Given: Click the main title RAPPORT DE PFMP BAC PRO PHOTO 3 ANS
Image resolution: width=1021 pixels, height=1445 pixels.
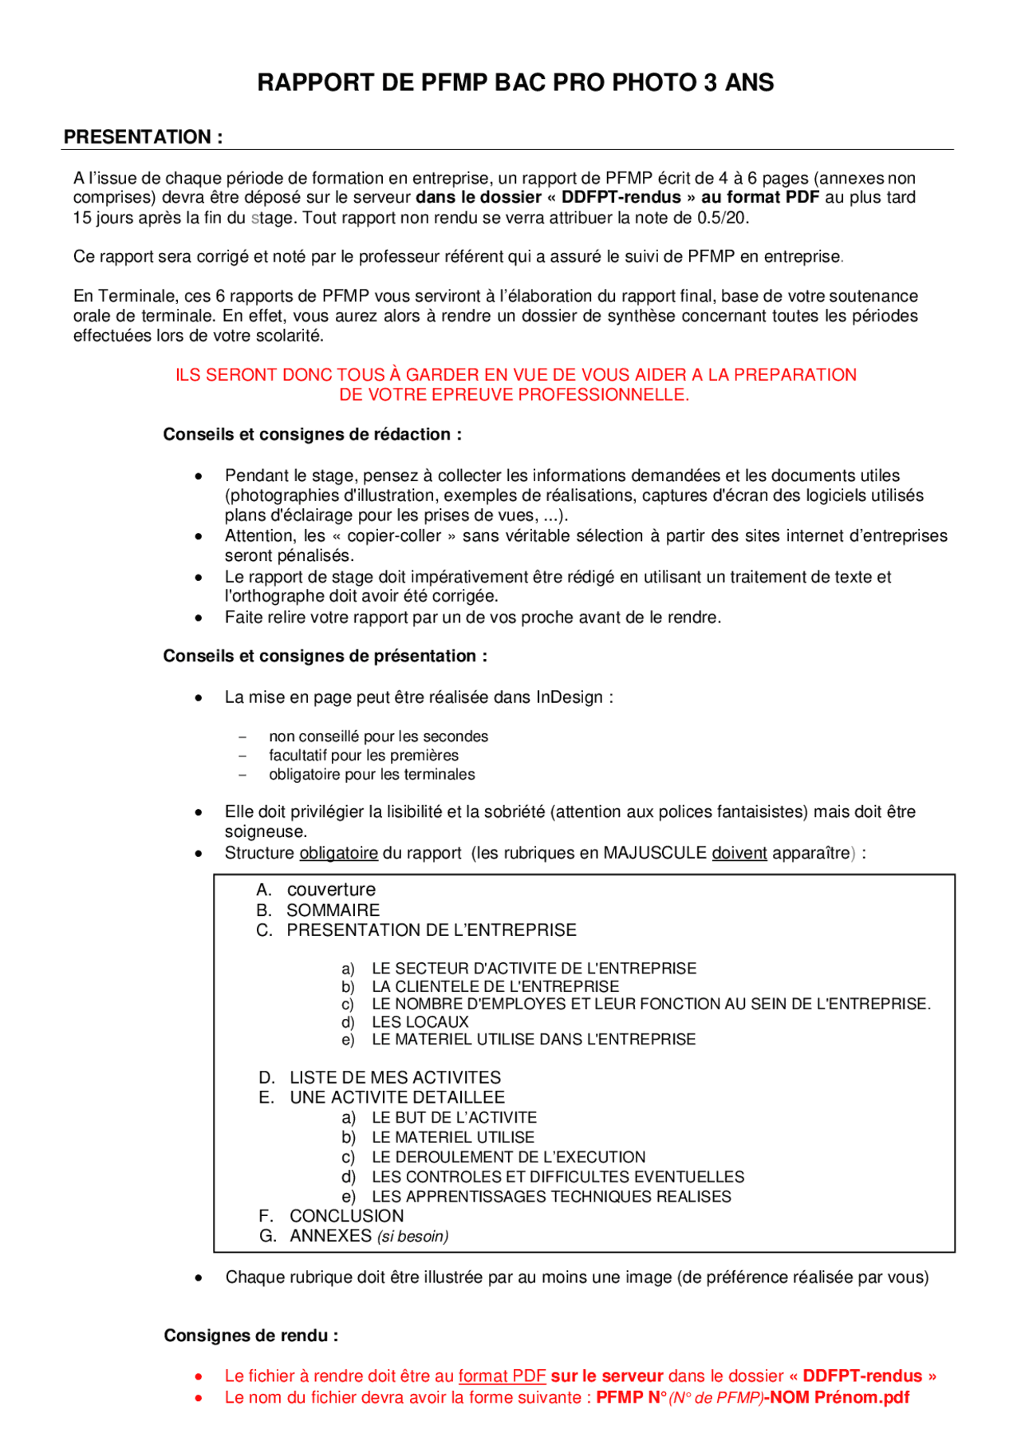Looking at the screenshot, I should pyautogui.click(x=515, y=83).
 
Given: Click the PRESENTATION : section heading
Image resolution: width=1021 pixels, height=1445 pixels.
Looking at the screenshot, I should pyautogui.click(x=143, y=137).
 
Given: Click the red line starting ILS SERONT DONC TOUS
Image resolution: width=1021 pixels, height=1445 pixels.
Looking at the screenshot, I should pyautogui.click(x=515, y=375).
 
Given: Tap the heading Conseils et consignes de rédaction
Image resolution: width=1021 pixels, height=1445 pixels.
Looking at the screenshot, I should pyautogui.click(x=312, y=435).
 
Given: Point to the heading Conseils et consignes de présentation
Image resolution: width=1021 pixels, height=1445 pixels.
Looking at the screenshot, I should pyautogui.click(x=325, y=657).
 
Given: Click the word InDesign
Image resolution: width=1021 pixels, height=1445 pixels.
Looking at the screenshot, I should pyautogui.click(x=570, y=697).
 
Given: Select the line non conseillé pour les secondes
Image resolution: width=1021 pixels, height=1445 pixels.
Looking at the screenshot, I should pyautogui.click(x=378, y=736).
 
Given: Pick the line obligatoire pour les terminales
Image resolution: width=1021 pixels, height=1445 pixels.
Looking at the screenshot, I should pyautogui.click(x=372, y=775).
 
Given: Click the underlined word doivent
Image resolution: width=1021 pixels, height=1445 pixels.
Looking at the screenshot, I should pyautogui.click(x=739, y=853).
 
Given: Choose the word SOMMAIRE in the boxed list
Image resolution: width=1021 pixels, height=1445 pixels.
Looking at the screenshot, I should pyautogui.click(x=333, y=910).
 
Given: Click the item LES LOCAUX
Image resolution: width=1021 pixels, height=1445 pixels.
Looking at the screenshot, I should pyautogui.click(x=420, y=1022).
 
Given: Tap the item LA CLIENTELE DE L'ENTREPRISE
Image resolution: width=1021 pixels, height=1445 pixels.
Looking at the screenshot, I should pyautogui.click(x=495, y=987).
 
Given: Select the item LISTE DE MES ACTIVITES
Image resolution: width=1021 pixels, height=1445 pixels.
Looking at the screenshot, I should pyautogui.click(x=395, y=1078).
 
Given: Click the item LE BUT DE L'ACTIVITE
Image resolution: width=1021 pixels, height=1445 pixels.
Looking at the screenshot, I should pyautogui.click(x=454, y=1118).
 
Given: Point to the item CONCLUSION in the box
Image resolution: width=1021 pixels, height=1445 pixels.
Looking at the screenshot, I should pyautogui.click(x=346, y=1216).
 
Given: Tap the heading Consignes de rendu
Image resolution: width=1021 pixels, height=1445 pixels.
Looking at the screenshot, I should pyautogui.click(x=250, y=1336).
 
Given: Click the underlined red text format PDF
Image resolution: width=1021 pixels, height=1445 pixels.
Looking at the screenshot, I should pyautogui.click(x=502, y=1376).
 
